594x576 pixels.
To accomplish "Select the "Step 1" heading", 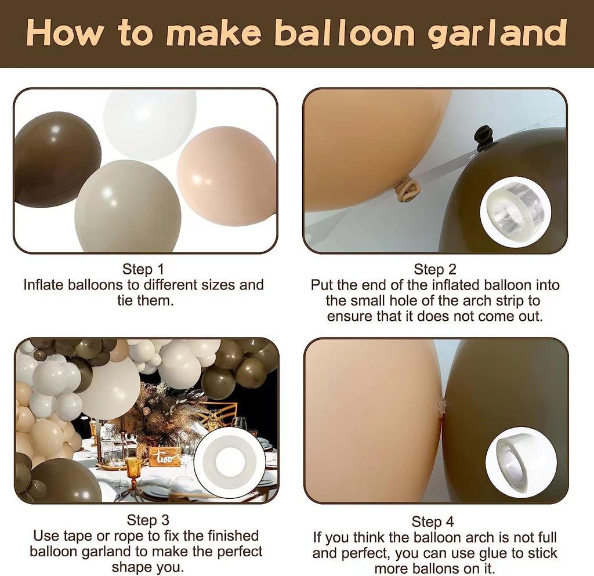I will [143, 270].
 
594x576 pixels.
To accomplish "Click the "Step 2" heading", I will [435, 270].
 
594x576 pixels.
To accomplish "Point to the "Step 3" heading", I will [148, 520].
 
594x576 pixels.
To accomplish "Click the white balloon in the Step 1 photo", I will [150, 123].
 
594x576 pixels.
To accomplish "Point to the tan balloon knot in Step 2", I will [408, 190].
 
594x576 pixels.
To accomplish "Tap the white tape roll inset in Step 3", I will [230, 463].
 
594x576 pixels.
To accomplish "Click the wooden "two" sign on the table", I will [165, 457].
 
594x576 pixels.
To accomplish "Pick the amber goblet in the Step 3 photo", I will [134, 468].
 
